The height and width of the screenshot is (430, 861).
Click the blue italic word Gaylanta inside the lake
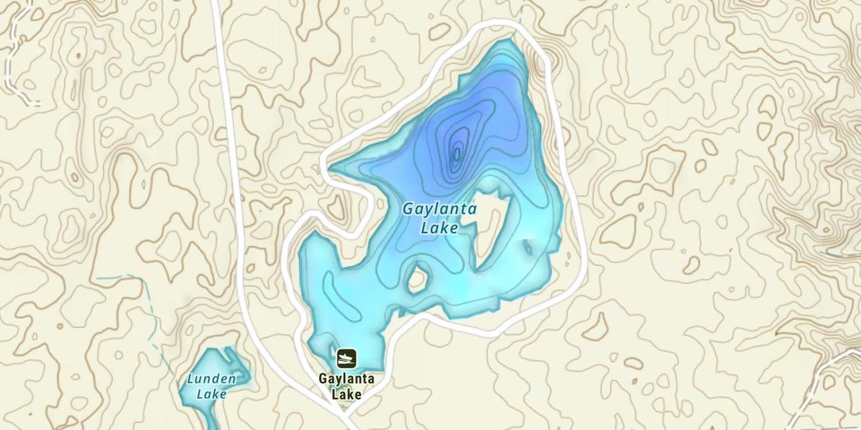[x=439, y=209]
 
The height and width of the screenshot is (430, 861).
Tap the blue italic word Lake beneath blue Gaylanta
[x=439, y=228]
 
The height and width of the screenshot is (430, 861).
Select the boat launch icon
[x=347, y=359]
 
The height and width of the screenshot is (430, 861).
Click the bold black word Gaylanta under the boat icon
[x=347, y=379]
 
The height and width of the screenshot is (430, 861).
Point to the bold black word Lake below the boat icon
[x=347, y=394]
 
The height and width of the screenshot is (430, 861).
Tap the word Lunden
[x=211, y=378]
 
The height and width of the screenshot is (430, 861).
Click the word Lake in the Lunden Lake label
[x=211, y=394]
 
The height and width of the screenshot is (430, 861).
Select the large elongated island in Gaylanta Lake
[x=491, y=229]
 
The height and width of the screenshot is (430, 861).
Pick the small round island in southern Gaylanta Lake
[x=417, y=279]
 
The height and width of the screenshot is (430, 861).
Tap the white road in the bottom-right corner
[x=827, y=378]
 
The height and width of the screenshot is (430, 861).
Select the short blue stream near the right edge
[x=838, y=252]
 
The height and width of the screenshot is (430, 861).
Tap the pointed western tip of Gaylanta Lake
[x=333, y=169]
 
